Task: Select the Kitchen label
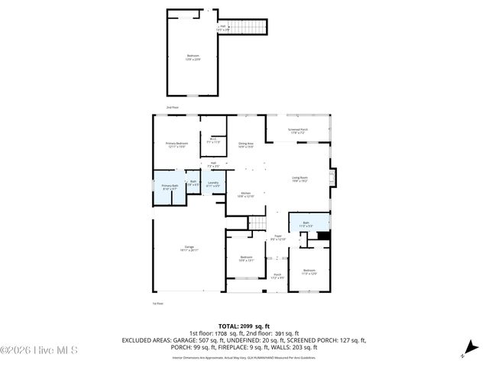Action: pyautogui.click(x=245, y=194)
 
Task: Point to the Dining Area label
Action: pyautogui.click(x=245, y=144)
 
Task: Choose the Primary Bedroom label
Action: pyautogui.click(x=176, y=145)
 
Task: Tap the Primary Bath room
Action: pyautogui.click(x=169, y=187)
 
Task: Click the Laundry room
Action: pyautogui.click(x=214, y=183)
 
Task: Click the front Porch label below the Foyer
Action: pyautogui.click(x=277, y=276)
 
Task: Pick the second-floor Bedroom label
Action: pyautogui.click(x=192, y=57)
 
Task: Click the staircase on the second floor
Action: pyautogui.click(x=250, y=28)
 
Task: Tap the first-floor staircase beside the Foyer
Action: pyautogui.click(x=260, y=222)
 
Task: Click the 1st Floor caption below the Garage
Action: pyautogui.click(x=158, y=304)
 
